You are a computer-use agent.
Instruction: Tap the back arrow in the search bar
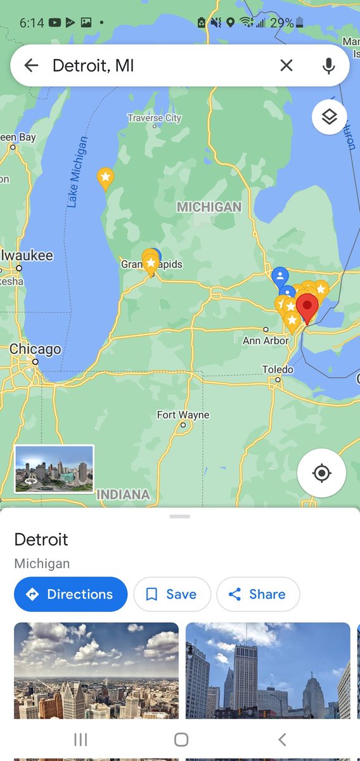[31, 65]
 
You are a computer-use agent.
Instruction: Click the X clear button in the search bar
[286, 65]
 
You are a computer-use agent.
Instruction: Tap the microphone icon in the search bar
[328, 65]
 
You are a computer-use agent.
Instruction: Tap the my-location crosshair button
[321, 473]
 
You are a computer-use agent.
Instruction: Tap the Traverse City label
[154, 118]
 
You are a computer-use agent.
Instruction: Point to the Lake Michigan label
[77, 172]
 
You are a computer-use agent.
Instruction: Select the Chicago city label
[35, 349]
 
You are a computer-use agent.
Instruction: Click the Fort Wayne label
[183, 415]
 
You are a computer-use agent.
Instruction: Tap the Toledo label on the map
[278, 370]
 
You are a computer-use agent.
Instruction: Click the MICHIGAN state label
[209, 207]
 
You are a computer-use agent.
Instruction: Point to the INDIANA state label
[124, 494]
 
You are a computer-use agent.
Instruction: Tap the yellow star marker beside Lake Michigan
[105, 178]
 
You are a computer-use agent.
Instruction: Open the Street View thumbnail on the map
[54, 469]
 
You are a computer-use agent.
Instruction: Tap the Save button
[172, 594]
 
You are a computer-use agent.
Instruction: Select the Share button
[258, 594]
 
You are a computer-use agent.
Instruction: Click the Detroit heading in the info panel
[41, 540]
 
